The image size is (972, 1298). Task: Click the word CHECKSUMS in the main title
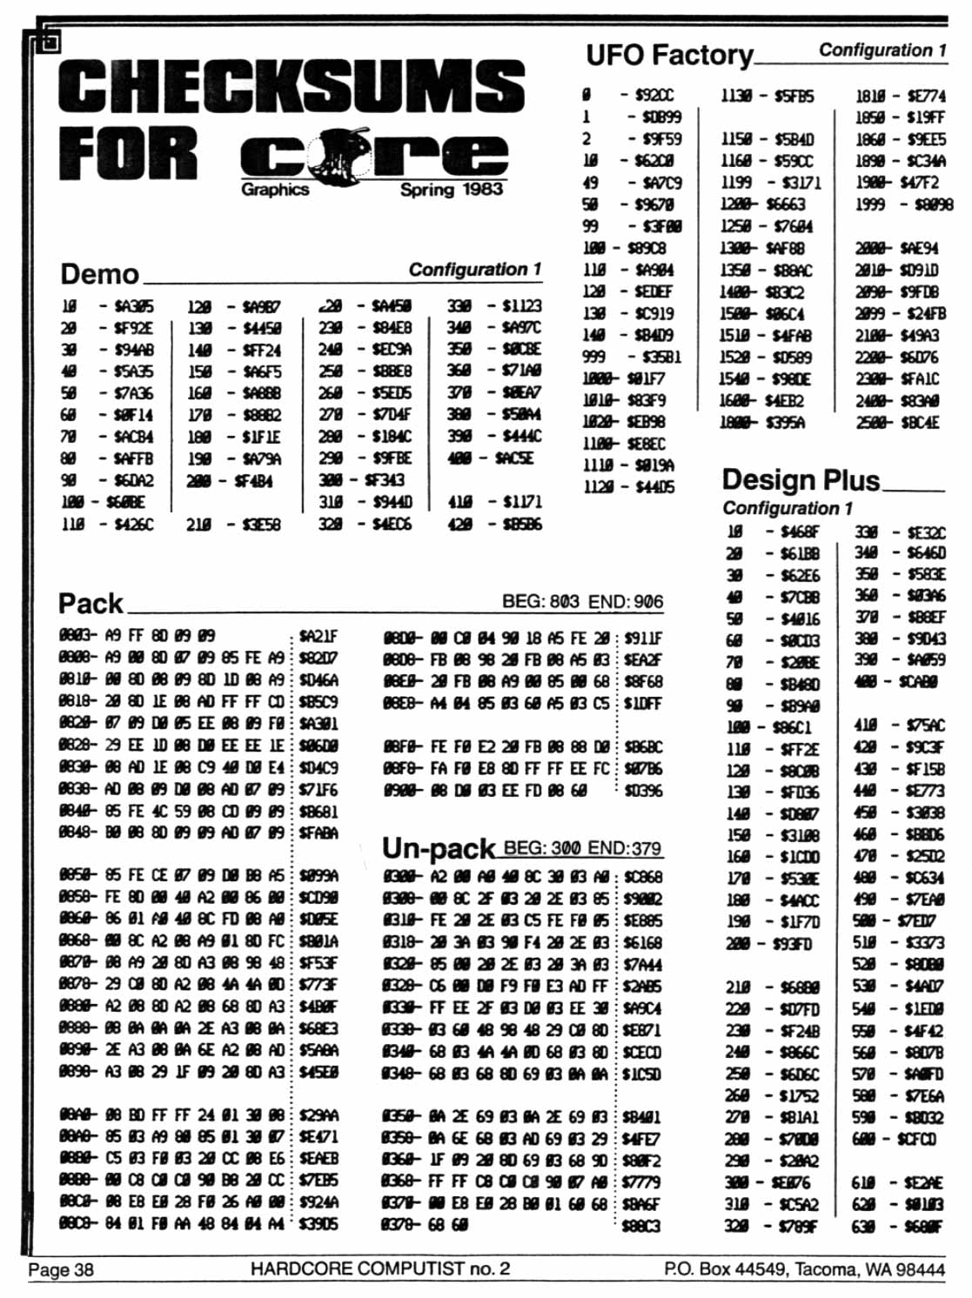pyautogui.click(x=292, y=87)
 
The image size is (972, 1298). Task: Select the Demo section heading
pyautogui.click(x=99, y=274)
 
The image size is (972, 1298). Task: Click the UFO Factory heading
pyautogui.click(x=668, y=56)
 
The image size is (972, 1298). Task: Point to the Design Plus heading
pyautogui.click(x=800, y=479)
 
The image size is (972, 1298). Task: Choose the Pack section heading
pyautogui.click(x=90, y=603)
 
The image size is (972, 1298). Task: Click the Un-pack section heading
pyautogui.click(x=438, y=848)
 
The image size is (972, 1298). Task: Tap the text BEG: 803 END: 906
pyautogui.click(x=581, y=601)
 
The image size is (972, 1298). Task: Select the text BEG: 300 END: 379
pyautogui.click(x=582, y=847)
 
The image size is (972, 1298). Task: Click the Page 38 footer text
pyautogui.click(x=60, y=1269)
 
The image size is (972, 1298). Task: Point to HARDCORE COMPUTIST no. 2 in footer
pyautogui.click(x=379, y=1268)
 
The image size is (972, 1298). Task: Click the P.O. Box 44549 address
pyautogui.click(x=803, y=1269)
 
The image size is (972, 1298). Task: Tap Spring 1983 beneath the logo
pyautogui.click(x=451, y=189)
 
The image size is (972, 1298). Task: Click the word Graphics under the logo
pyautogui.click(x=275, y=189)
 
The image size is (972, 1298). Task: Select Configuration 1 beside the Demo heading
pyautogui.click(x=474, y=270)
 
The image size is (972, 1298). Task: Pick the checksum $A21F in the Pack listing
pyautogui.click(x=318, y=637)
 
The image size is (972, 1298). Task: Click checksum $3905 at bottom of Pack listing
pyautogui.click(x=318, y=1224)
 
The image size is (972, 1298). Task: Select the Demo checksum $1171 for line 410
pyautogui.click(x=521, y=502)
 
